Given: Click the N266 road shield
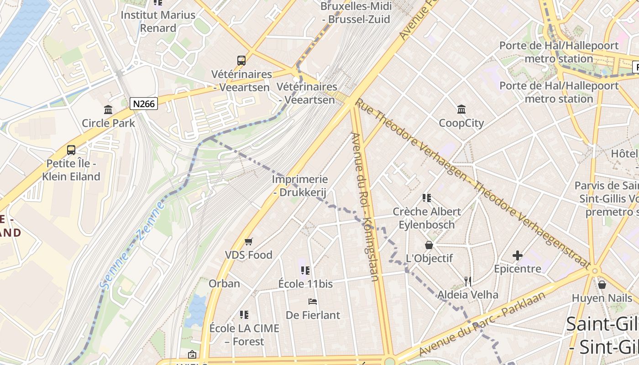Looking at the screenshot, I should (x=144, y=104).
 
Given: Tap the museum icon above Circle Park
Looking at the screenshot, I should (x=108, y=109).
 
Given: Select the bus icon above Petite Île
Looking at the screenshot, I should (x=71, y=150).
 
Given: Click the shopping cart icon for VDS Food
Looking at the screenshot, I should (x=248, y=241).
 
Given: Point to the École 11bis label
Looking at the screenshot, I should (x=305, y=284).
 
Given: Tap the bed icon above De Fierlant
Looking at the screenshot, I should (x=313, y=301).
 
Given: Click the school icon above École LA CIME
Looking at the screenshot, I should (x=244, y=314).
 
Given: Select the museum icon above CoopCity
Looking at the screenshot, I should (x=461, y=109).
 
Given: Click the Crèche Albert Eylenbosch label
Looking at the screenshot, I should (x=427, y=218).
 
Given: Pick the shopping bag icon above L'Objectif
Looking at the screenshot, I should (x=429, y=245).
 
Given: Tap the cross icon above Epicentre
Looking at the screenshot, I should (x=517, y=255).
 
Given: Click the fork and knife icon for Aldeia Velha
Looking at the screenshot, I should (x=467, y=281).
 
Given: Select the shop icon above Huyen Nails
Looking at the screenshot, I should (x=602, y=285).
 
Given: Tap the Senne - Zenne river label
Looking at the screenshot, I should (x=133, y=245).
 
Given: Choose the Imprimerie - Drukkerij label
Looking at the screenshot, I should (x=300, y=186).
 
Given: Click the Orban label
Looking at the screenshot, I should (x=224, y=283).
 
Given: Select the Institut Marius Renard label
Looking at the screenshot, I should (x=158, y=21).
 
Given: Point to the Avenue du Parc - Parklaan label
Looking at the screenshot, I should (x=482, y=323).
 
